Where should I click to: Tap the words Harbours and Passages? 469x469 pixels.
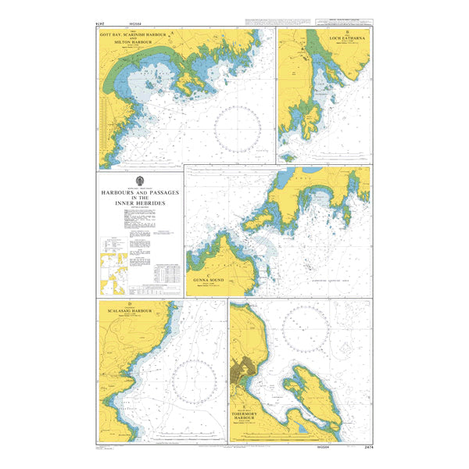[x=139, y=192]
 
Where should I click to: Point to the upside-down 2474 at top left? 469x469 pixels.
[x=102, y=24]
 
